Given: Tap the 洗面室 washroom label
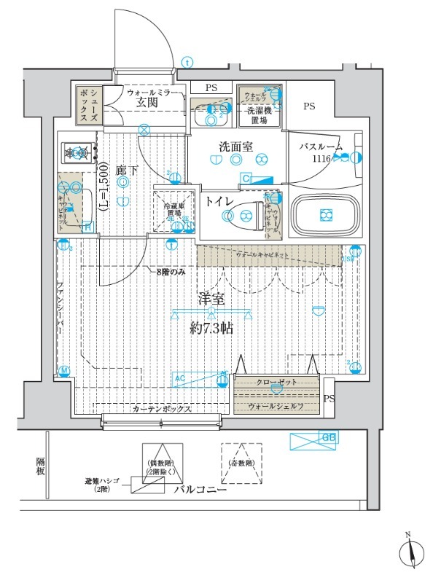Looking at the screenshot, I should (236, 146).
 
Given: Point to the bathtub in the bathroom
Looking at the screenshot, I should (324, 215).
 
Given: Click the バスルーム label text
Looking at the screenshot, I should (319, 146).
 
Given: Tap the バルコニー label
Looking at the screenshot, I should (200, 490).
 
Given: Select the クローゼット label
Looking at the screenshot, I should (276, 383).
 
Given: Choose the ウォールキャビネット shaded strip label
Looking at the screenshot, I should (267, 256).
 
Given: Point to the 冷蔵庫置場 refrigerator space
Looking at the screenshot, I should (173, 211).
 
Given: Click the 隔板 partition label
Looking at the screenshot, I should (41, 466).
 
